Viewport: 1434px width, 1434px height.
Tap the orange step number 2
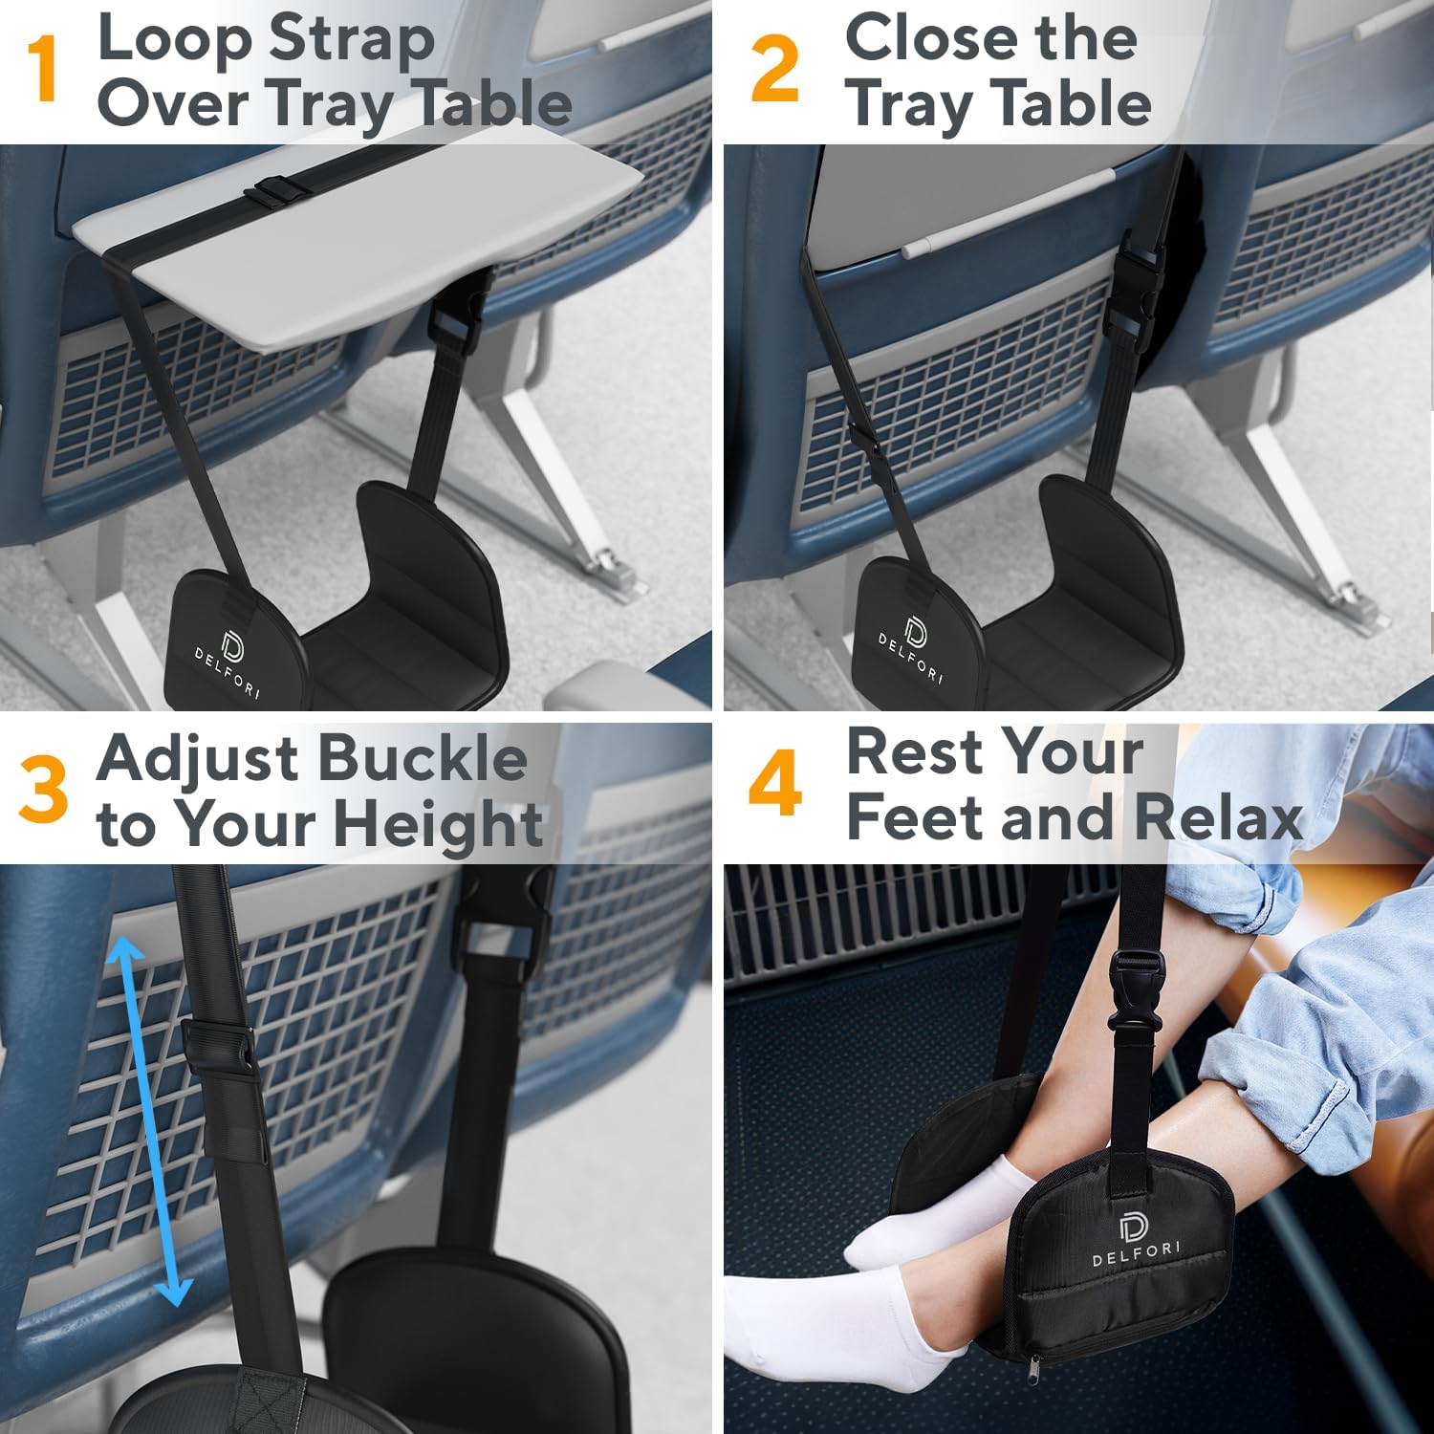774,69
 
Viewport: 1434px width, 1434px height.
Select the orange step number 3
44,789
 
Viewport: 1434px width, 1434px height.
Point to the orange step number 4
774,784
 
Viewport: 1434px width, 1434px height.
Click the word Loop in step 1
174,40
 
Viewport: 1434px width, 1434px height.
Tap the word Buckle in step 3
421,758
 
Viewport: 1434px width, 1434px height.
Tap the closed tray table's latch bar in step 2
1010,214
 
